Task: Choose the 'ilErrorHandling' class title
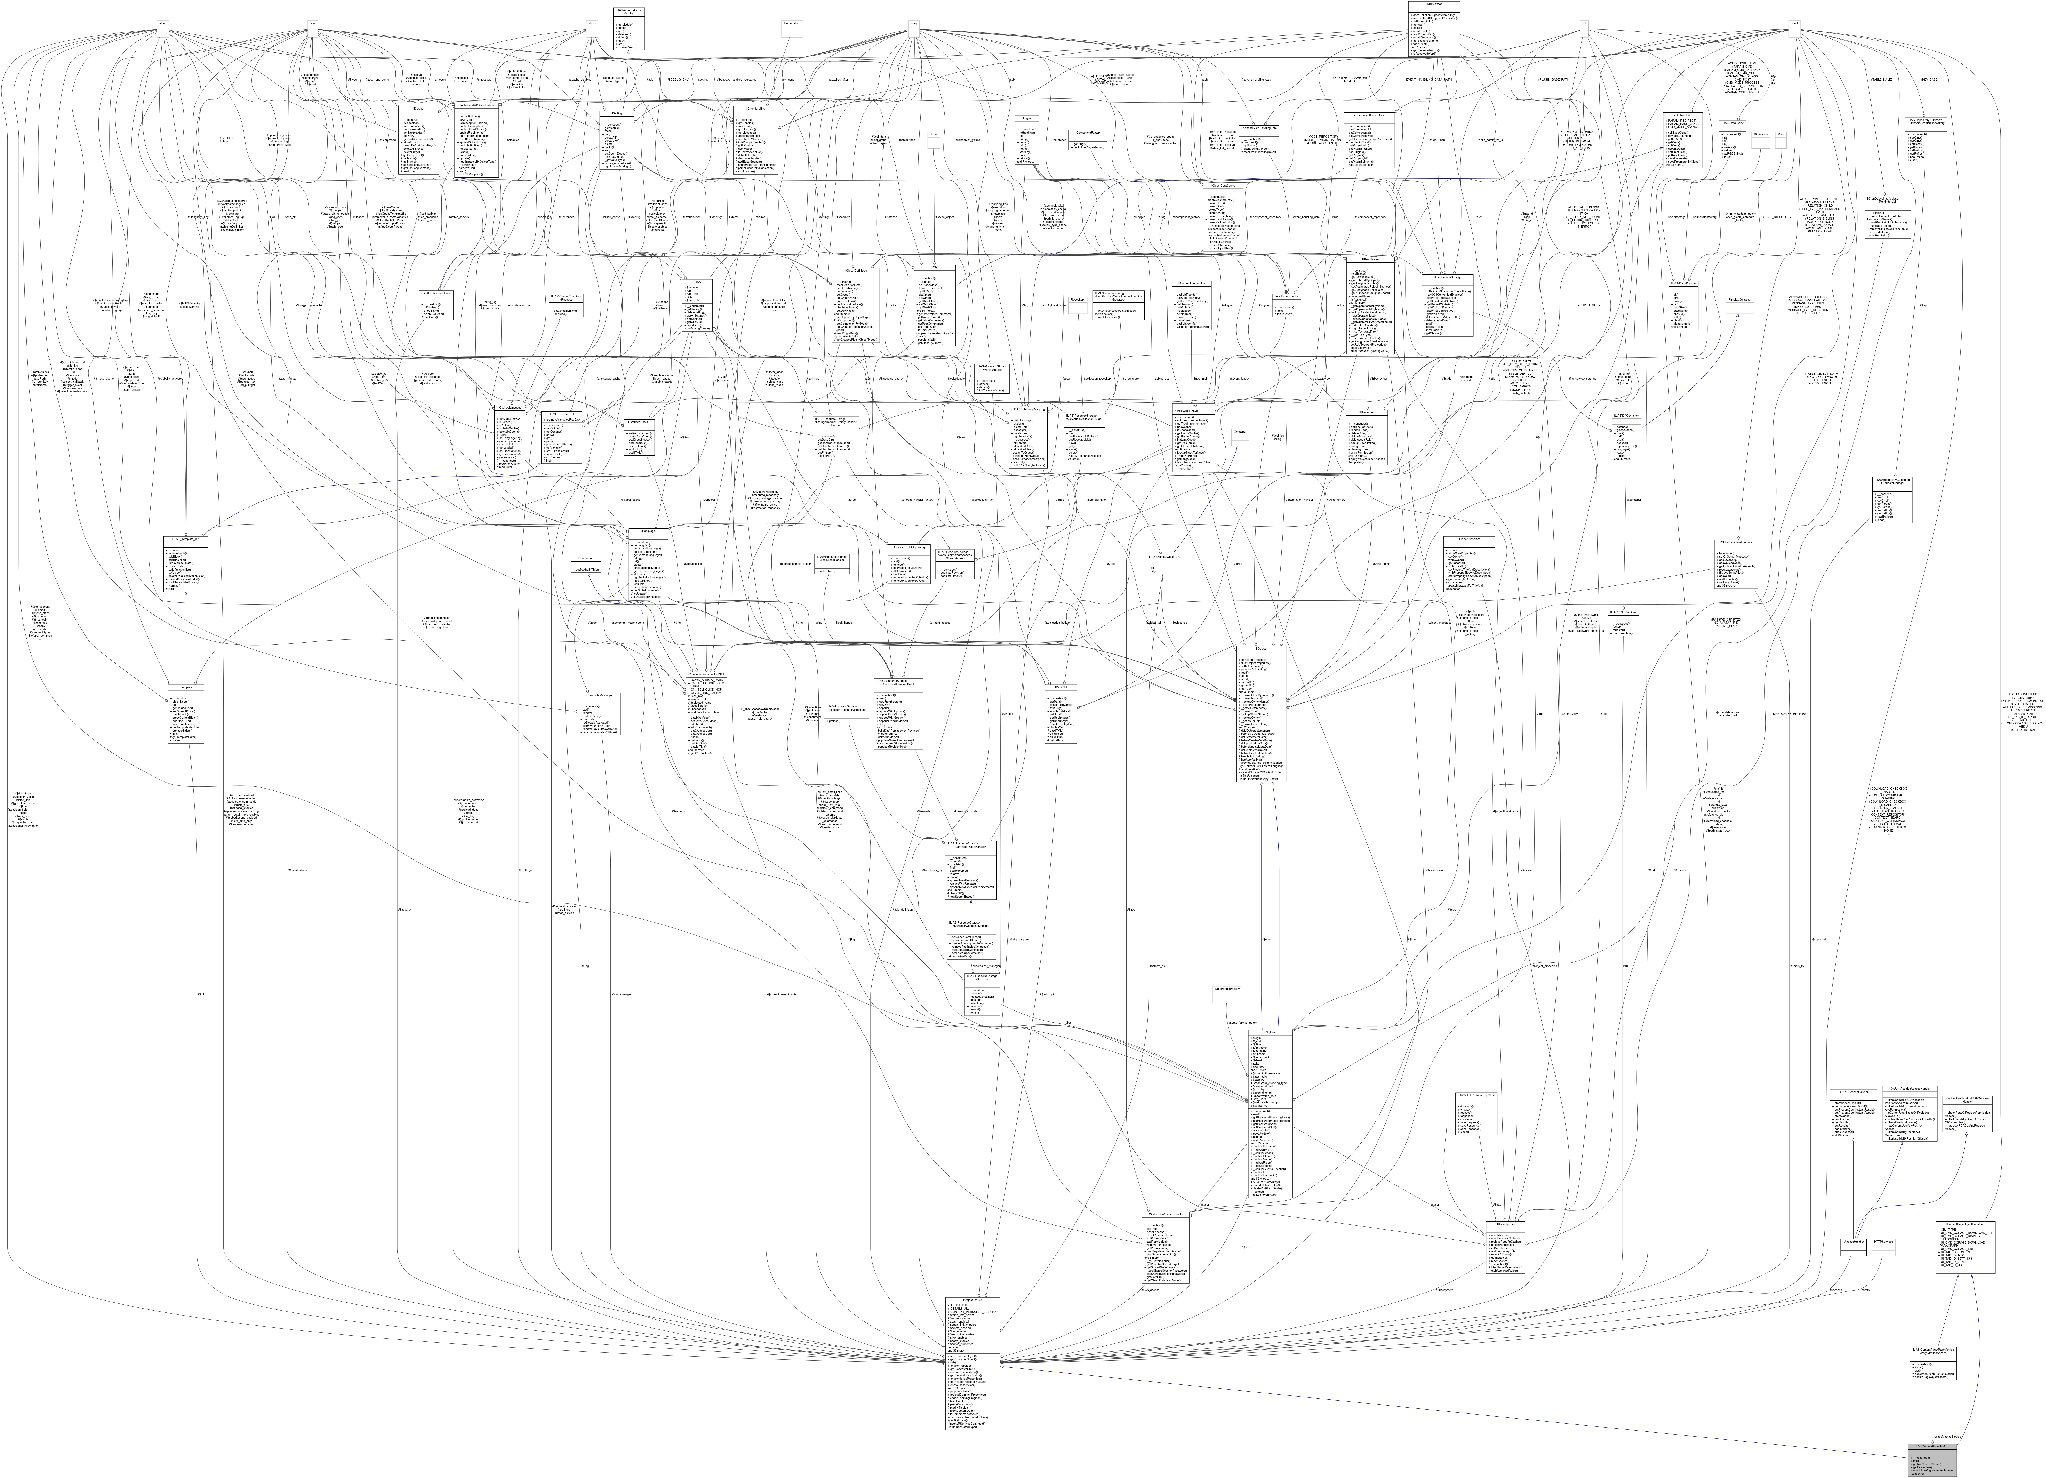click(x=756, y=108)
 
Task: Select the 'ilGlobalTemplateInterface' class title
click(x=1733, y=541)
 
